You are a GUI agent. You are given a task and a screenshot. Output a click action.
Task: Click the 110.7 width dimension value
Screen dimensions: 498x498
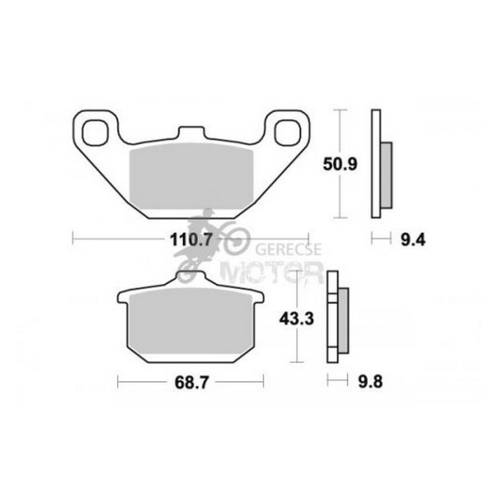coord(191,239)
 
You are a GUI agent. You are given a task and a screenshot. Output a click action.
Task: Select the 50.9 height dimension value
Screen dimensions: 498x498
coord(340,164)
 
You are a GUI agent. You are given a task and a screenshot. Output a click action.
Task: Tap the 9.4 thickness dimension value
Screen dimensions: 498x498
coord(413,240)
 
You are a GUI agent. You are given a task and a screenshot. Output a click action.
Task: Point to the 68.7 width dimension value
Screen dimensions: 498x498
coord(191,382)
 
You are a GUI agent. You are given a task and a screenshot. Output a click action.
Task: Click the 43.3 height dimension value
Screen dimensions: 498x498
coord(297,319)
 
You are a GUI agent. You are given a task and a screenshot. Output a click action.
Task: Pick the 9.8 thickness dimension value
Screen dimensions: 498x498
coord(371,382)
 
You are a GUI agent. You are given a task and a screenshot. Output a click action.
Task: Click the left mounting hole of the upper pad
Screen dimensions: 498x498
coord(94,133)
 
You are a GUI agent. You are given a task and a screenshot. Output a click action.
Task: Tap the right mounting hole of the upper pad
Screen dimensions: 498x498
coord(287,133)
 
